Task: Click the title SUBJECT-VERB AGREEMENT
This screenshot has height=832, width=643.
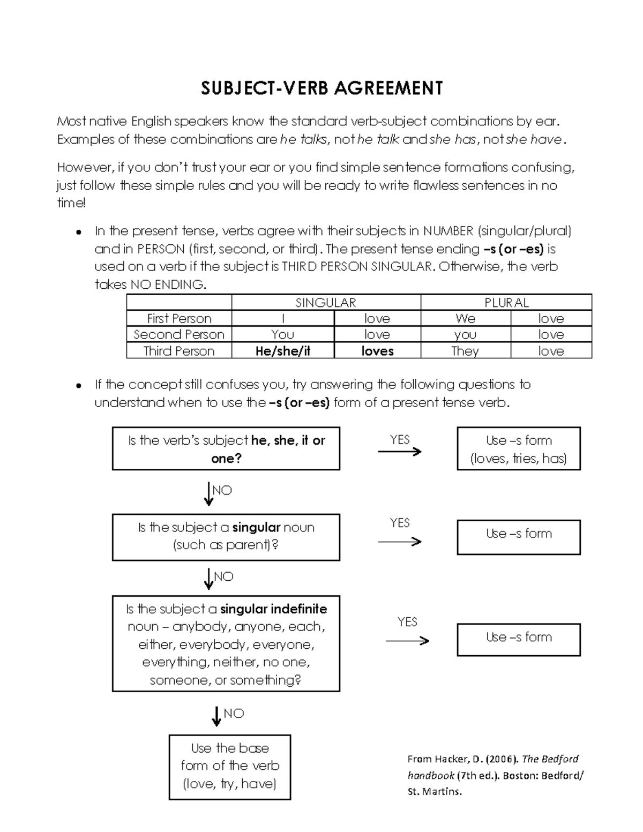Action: point(322,88)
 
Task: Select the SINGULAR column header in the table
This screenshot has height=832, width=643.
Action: point(326,303)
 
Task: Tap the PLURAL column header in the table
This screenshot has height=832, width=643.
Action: point(506,303)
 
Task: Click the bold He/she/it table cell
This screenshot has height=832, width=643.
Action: point(283,351)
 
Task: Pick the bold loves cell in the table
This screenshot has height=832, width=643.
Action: point(377,351)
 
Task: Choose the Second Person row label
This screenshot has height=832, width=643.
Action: point(179,335)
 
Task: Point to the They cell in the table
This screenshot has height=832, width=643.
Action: point(465,351)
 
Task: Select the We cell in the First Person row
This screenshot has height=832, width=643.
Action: point(465,319)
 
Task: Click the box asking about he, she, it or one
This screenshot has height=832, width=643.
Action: point(226,449)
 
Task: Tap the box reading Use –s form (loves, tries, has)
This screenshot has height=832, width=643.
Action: point(518,449)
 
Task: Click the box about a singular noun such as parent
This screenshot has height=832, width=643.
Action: point(226,537)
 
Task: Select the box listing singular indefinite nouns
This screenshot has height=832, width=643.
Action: point(226,643)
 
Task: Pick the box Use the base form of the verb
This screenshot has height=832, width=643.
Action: point(229,766)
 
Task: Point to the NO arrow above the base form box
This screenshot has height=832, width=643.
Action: point(216,716)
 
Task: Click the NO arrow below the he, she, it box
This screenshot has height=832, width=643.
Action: point(209,493)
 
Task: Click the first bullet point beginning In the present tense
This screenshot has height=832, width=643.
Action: point(78,232)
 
